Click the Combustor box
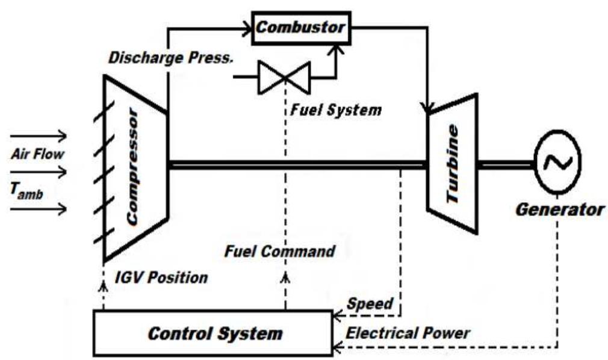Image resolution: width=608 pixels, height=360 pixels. pos(300,28)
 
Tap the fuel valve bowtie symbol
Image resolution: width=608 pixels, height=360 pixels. pos(283,77)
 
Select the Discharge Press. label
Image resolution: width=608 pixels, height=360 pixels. pos(170,58)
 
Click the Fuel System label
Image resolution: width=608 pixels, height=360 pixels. pos(333,111)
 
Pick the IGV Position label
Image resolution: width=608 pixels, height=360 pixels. pos(161,278)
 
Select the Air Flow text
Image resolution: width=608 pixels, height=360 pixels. pos(37,154)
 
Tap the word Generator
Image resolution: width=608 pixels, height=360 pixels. pos(559,210)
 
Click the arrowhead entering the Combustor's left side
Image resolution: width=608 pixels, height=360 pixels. pos(247,26)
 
